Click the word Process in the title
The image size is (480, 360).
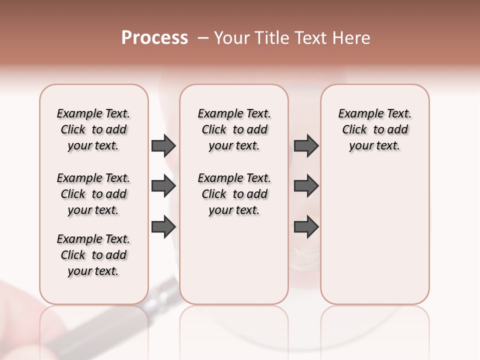(154, 38)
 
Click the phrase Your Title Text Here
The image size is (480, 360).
(292, 38)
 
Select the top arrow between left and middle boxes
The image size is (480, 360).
(163, 146)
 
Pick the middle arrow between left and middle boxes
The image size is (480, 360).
(163, 186)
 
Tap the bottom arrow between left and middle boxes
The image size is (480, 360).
(163, 226)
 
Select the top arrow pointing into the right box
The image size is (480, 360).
(306, 146)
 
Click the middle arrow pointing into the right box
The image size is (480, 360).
(306, 186)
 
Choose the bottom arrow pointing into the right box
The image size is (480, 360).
(306, 226)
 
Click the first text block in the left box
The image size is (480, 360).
(93, 129)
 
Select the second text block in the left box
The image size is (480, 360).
(93, 194)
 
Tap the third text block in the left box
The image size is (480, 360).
(93, 255)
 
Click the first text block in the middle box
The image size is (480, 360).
(234, 129)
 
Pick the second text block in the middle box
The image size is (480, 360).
(234, 194)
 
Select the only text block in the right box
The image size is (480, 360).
(374, 129)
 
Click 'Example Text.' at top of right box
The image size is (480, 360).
(374, 113)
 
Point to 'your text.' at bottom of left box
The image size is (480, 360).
(93, 271)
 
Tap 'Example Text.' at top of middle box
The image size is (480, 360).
(234, 113)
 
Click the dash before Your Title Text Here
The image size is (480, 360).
(203, 38)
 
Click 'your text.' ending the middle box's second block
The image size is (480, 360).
(234, 210)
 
